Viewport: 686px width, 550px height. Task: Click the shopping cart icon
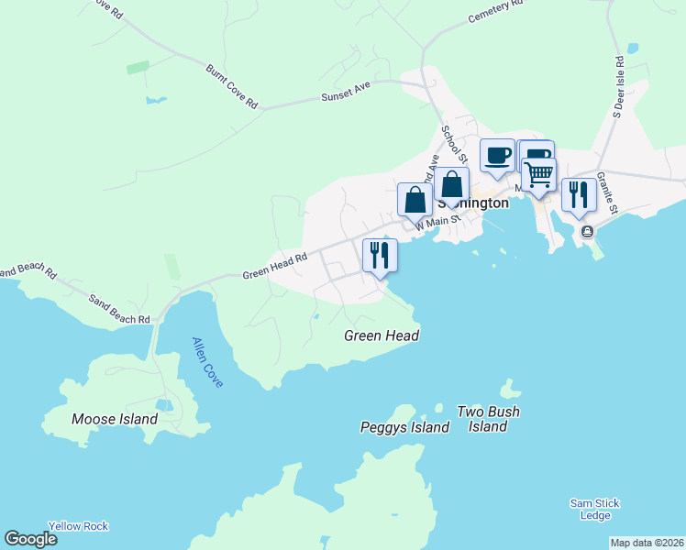(539, 172)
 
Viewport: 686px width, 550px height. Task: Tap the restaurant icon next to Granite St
(578, 194)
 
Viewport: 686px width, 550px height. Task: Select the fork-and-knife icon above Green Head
(380, 255)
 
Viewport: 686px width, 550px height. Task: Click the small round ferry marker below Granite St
(588, 232)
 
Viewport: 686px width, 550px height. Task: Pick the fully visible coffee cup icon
(497, 155)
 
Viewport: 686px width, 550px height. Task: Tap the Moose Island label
(115, 420)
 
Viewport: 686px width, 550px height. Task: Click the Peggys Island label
(404, 427)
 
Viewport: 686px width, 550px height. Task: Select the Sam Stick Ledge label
(594, 510)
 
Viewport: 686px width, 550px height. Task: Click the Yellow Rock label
(79, 526)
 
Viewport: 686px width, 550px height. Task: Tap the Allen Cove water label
(207, 362)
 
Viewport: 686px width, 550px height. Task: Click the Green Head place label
(382, 335)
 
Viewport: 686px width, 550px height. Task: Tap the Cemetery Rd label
(494, 12)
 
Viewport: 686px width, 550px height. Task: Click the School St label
(454, 146)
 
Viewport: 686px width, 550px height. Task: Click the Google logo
(30, 539)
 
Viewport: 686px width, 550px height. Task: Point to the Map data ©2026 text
(646, 543)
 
